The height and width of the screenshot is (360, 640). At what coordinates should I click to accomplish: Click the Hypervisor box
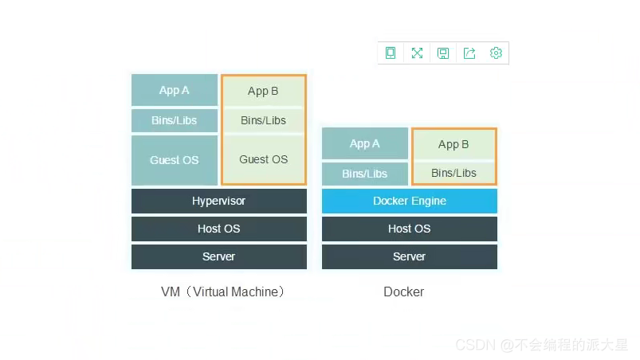pyautogui.click(x=218, y=201)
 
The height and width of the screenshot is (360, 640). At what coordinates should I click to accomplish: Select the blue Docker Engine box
pyautogui.click(x=409, y=201)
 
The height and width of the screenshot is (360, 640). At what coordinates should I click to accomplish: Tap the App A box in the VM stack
pyautogui.click(x=175, y=90)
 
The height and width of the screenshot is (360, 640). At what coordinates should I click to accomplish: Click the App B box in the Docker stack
pyautogui.click(x=453, y=144)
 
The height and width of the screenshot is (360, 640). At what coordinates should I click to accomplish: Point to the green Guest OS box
pyautogui.click(x=263, y=159)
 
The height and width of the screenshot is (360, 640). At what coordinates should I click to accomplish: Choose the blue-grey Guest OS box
pyautogui.click(x=175, y=160)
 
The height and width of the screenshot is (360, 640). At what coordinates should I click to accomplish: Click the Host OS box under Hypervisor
pyautogui.click(x=218, y=229)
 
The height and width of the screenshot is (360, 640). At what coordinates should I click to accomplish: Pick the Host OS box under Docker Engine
pyautogui.click(x=409, y=229)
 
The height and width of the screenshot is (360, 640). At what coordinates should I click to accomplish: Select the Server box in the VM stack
pyautogui.click(x=218, y=256)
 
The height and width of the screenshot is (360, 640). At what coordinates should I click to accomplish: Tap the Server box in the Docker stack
pyautogui.click(x=409, y=256)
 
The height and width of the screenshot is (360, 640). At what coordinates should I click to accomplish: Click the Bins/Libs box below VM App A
pyautogui.click(x=175, y=121)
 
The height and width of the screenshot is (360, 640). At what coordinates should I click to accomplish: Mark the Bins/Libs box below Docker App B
pyautogui.click(x=453, y=173)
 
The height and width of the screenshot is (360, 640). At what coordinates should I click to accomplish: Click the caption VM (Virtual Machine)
pyautogui.click(x=222, y=292)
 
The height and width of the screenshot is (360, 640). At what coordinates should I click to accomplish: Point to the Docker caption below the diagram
pyautogui.click(x=403, y=292)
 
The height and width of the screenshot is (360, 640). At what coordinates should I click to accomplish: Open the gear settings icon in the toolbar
pyautogui.click(x=496, y=53)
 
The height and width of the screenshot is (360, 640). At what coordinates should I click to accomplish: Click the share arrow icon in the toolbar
pyautogui.click(x=469, y=53)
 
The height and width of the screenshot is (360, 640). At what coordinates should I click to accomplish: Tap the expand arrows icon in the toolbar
pyautogui.click(x=417, y=53)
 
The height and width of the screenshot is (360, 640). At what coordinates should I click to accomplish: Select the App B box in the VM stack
pyautogui.click(x=263, y=91)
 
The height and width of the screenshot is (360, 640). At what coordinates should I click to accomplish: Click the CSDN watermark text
pyautogui.click(x=541, y=345)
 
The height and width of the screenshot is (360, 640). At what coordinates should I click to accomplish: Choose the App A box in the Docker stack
pyautogui.click(x=365, y=143)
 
